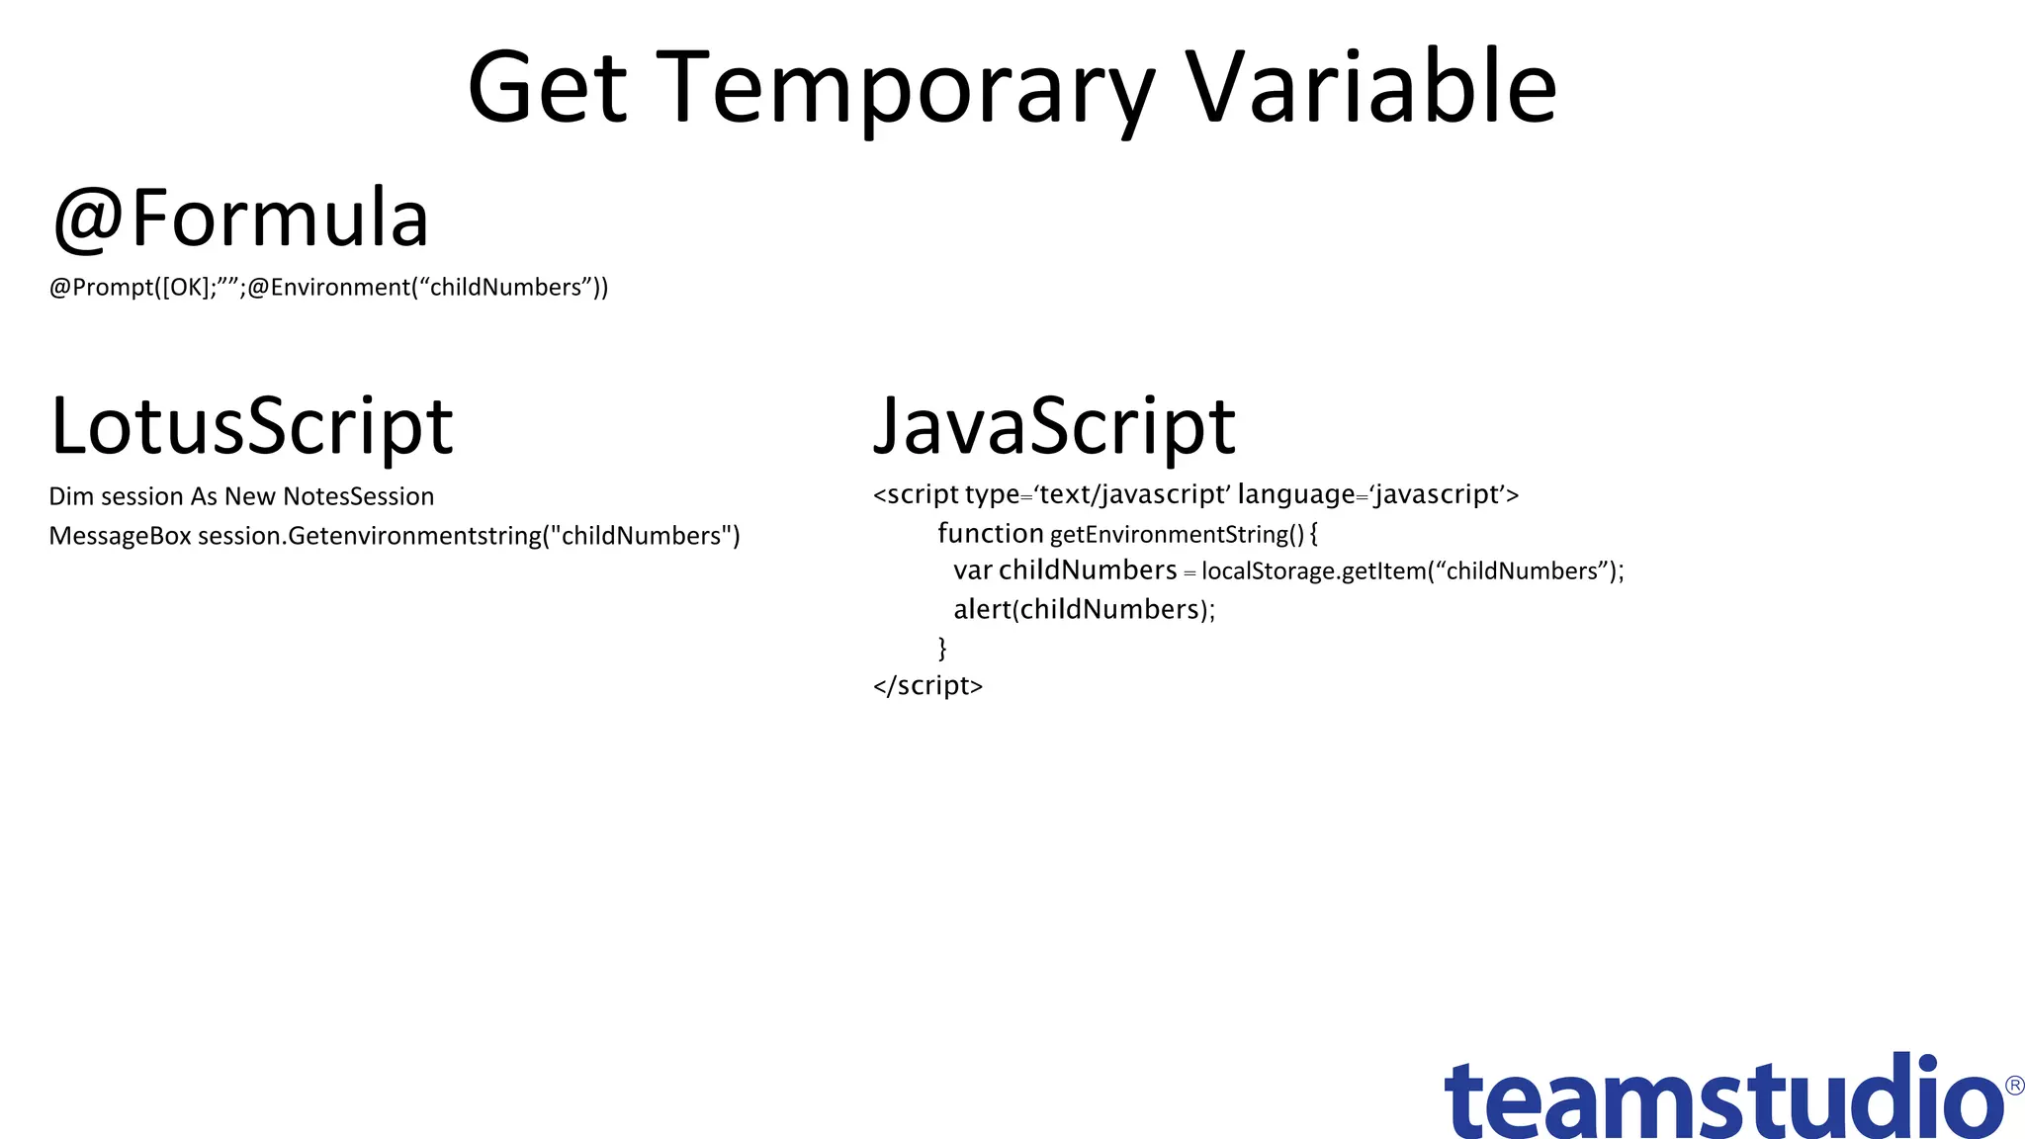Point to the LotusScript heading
point(251,427)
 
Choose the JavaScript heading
point(1054,427)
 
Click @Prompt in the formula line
point(102,288)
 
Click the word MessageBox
point(120,536)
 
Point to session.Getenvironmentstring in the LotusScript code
point(370,536)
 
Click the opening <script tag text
point(916,494)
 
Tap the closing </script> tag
point(927,685)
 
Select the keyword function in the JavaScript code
point(990,534)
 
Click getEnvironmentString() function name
point(1177,535)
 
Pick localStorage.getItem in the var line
point(1313,571)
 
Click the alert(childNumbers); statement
point(1084,609)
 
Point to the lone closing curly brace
point(942,648)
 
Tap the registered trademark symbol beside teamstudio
point(2014,1086)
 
